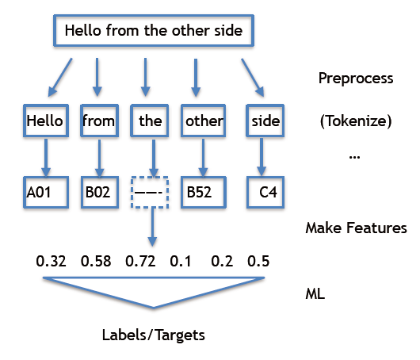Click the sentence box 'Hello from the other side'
[158, 32]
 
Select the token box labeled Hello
[44, 121]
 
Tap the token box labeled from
[99, 121]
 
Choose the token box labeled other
[204, 121]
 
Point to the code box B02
[99, 191]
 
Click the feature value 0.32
[51, 260]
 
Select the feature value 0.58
[95, 260]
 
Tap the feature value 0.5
[258, 260]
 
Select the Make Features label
[356, 228]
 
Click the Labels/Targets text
[154, 335]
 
